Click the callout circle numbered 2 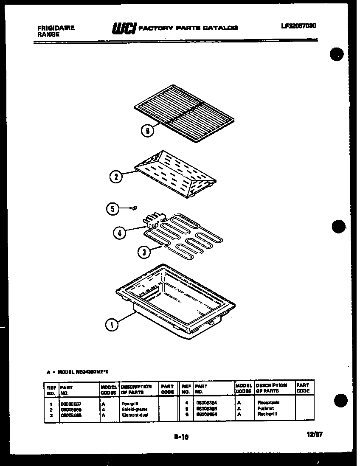pyautogui.click(x=115, y=177)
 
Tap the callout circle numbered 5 pyautogui.click(x=111, y=208)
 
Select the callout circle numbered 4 pyautogui.click(x=120, y=232)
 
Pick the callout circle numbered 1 pyautogui.click(x=112, y=326)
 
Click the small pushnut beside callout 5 pyautogui.click(x=134, y=208)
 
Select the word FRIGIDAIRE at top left pyautogui.click(x=56, y=28)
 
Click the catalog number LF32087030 pyautogui.click(x=298, y=26)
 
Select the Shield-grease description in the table pyautogui.click(x=134, y=409)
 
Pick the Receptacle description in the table pyautogui.click(x=268, y=402)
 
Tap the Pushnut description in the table pyautogui.click(x=265, y=408)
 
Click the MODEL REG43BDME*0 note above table pyautogui.click(x=78, y=372)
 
